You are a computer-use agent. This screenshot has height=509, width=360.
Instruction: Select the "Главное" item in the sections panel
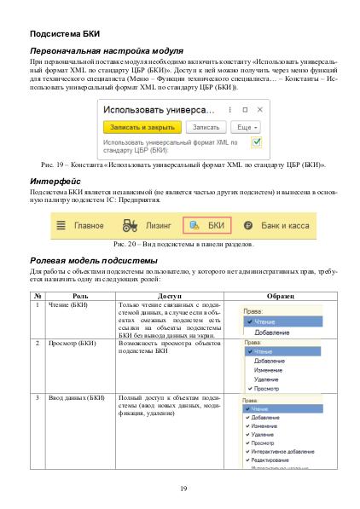[x=89, y=227]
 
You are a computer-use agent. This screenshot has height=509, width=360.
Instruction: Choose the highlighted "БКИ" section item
[x=206, y=227]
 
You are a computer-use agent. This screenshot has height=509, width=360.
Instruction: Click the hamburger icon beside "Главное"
[x=61, y=227]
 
